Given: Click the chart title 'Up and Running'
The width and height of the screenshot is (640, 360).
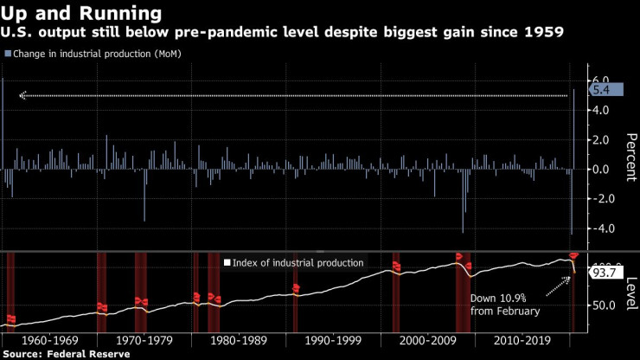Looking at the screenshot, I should click(81, 13).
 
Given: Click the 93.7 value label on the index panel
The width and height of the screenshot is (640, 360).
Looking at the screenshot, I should click(602, 273).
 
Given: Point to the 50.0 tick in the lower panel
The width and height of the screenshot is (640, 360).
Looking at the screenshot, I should click(602, 305).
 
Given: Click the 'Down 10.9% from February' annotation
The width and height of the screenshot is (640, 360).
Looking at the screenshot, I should click(504, 304).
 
